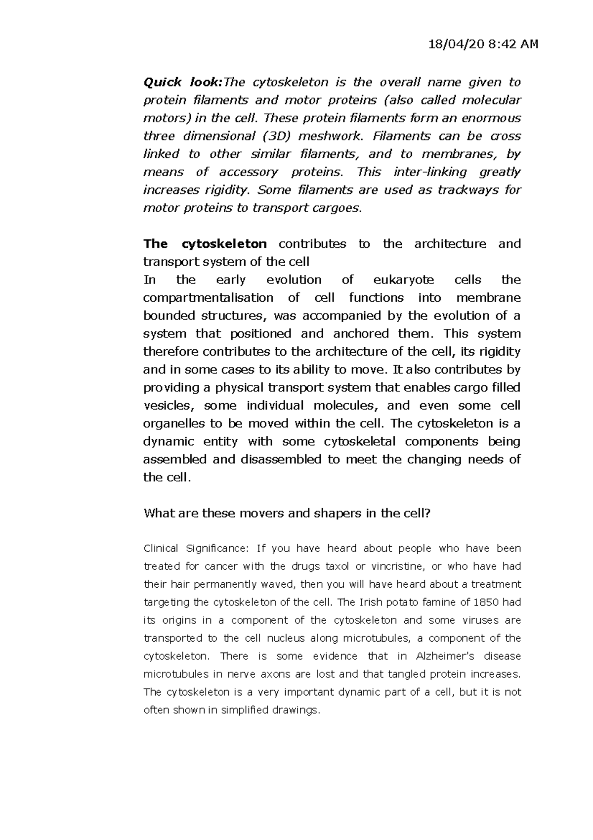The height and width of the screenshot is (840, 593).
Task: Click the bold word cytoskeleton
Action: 224,244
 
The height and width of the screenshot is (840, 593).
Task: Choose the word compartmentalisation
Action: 208,298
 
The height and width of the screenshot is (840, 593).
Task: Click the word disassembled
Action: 281,460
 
